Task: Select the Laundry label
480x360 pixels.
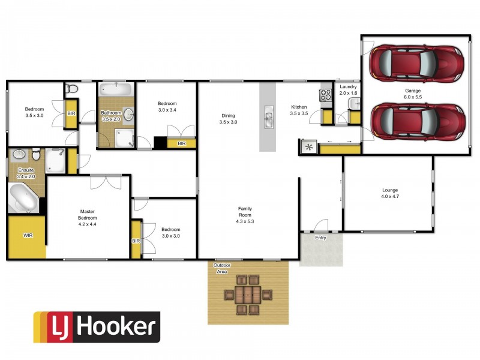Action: (348, 89)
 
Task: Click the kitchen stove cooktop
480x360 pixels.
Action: (326, 95)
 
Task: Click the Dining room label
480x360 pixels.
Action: (228, 119)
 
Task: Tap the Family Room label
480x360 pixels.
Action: (245, 214)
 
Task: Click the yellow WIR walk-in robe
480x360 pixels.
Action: (27, 236)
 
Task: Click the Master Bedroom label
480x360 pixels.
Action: (88, 217)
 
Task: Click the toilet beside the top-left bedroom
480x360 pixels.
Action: (72, 89)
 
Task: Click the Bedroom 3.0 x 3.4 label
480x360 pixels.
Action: (167, 106)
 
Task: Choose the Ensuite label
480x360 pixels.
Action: (26, 173)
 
